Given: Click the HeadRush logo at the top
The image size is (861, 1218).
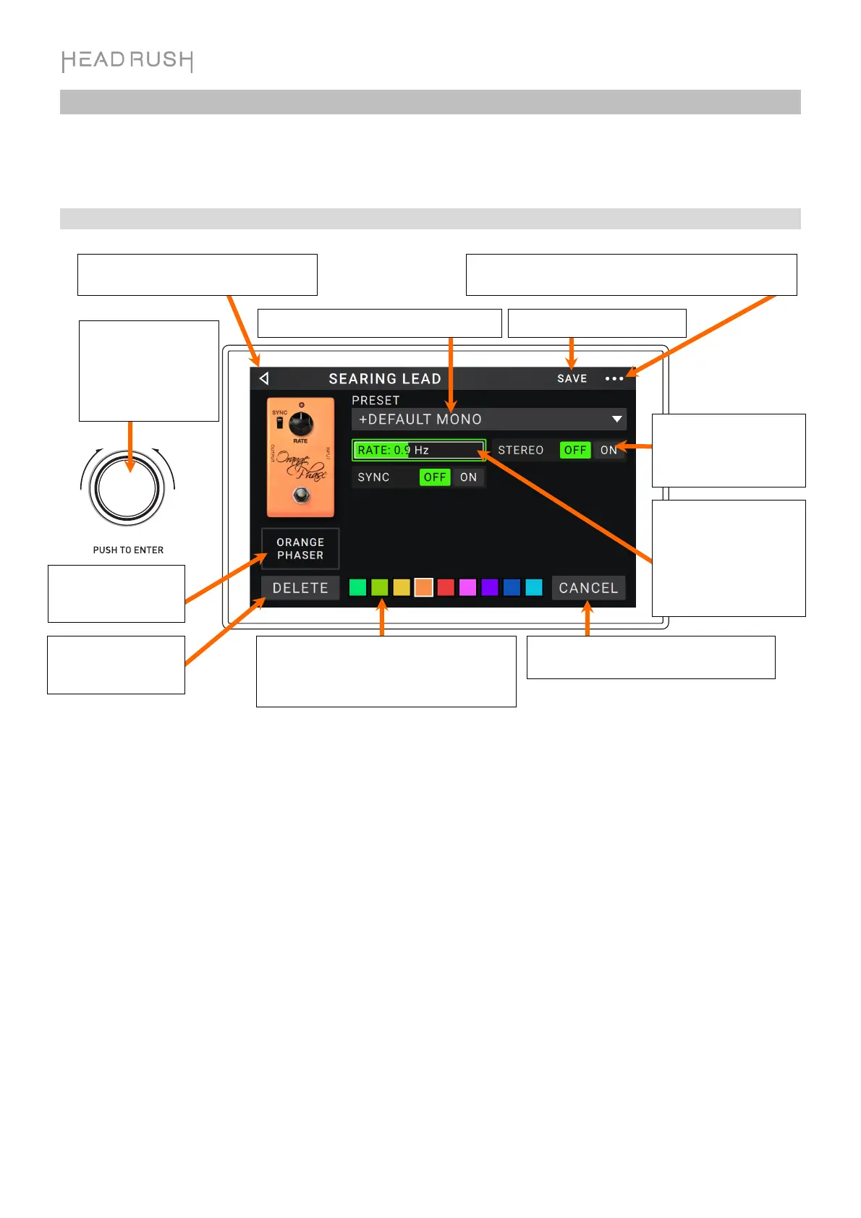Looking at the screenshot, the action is (x=127, y=61).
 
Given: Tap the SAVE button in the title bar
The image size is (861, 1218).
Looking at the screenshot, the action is (x=572, y=378).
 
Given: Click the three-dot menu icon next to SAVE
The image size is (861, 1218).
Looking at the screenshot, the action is (x=614, y=378).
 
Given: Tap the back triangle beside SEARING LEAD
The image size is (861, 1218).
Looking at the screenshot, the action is (x=264, y=378).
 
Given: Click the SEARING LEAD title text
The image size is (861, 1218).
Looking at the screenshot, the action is (x=384, y=378).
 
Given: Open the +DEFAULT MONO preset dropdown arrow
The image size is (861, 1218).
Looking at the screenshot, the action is (x=616, y=419).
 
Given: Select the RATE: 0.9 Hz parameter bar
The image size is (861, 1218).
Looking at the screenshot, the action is (x=418, y=450).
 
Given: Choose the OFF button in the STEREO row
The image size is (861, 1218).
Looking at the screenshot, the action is (x=575, y=450).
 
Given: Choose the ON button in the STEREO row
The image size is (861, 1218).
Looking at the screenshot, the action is (x=608, y=450).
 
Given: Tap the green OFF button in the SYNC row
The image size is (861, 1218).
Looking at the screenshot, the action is (x=435, y=477).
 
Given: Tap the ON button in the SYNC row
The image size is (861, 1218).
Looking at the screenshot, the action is (x=468, y=477).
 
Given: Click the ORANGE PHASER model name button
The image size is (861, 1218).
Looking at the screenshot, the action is (x=300, y=548).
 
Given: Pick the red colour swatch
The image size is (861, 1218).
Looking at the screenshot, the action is (x=446, y=587).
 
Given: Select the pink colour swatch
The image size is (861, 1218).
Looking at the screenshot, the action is (x=467, y=587).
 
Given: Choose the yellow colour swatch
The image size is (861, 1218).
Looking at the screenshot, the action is (x=402, y=587).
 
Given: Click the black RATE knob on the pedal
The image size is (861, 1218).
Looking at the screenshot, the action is (x=301, y=424).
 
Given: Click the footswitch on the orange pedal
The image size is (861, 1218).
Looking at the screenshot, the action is (x=302, y=495).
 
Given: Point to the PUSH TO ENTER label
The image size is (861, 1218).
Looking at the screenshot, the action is (x=128, y=550).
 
